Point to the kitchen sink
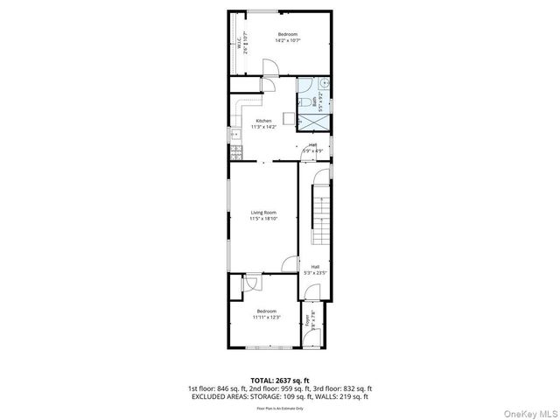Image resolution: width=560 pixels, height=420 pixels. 234,134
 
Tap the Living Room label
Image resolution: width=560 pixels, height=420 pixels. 263,213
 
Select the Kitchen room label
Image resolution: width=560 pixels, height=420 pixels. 263,121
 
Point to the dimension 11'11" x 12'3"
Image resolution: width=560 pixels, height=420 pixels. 266,317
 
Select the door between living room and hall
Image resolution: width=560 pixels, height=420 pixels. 291,262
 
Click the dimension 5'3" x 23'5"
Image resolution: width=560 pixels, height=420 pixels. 315,273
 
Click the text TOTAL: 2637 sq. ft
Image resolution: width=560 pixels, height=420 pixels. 279,380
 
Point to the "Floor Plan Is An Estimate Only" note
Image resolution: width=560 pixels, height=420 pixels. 279,408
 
